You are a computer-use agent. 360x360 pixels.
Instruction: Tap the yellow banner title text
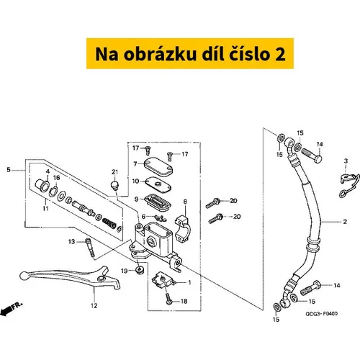(190, 54)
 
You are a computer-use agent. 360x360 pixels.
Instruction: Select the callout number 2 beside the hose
(345, 222)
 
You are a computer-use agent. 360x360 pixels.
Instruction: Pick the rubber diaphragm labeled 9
(158, 202)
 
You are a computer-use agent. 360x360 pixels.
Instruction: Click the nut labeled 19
(140, 270)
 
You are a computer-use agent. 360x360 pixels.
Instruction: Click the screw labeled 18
(168, 299)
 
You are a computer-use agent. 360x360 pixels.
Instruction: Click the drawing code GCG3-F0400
(321, 314)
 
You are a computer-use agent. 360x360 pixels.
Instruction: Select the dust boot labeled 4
(42, 185)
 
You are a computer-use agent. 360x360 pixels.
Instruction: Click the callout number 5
(9, 170)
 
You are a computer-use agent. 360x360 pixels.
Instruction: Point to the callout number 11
(45, 208)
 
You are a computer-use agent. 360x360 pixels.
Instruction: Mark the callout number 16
(56, 178)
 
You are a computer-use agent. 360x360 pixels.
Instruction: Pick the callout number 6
(143, 217)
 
